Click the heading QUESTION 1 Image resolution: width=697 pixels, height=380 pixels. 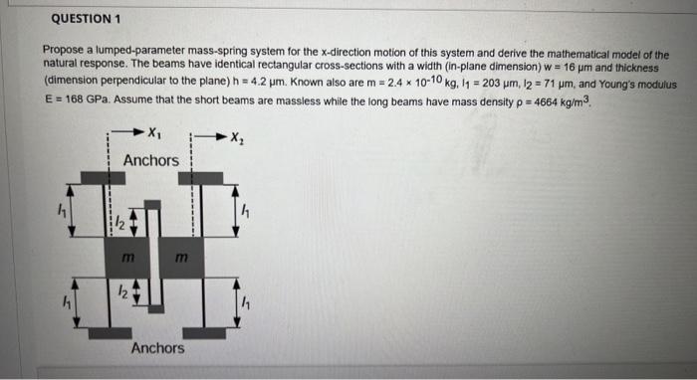86,19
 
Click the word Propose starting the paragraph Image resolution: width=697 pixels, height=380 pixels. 65,50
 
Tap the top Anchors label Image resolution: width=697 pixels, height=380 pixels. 151,160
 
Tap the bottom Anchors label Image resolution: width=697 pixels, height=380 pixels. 157,348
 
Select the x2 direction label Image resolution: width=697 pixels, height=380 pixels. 237,136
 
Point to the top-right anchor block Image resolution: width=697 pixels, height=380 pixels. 204,178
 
